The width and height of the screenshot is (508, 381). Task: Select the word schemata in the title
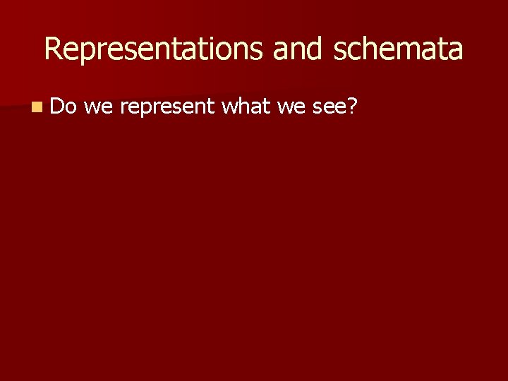pyautogui.click(x=398, y=49)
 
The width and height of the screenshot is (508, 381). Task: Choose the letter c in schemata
pyautogui.click(x=349, y=51)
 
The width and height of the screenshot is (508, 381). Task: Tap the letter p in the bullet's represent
pyautogui.click(x=147, y=109)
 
